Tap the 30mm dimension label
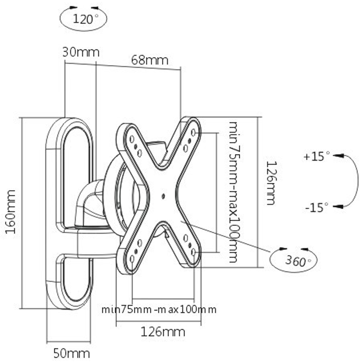[80, 52]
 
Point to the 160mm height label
[10, 212]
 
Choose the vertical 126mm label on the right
[270, 183]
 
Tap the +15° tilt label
[317, 157]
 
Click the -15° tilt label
[317, 207]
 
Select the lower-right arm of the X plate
[189, 248]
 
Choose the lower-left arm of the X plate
[135, 252]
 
